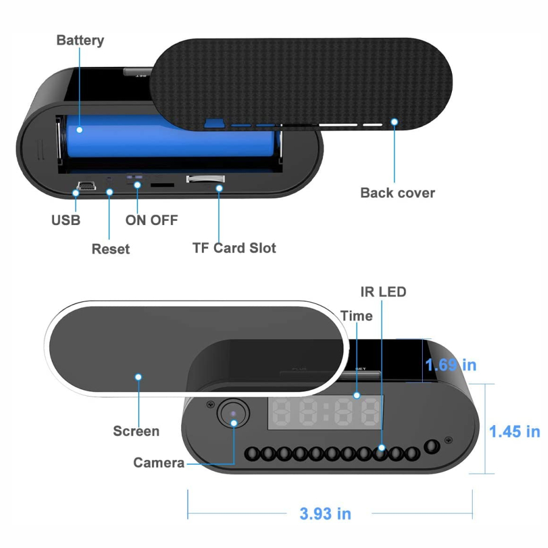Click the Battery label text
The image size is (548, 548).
80,40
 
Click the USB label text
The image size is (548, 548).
66,220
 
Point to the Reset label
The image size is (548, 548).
111,249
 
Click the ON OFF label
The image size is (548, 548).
151,220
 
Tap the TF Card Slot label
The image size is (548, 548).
234,248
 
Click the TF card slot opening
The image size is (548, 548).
205,179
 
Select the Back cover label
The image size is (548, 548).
398,193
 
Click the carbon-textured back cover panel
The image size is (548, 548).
304,79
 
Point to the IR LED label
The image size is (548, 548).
383,292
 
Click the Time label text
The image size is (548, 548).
356,316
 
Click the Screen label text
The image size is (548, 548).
136,431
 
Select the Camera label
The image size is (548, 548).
159,463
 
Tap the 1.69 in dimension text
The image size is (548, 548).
451,365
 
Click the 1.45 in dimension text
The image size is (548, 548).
515,431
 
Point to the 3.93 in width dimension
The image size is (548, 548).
325,513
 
